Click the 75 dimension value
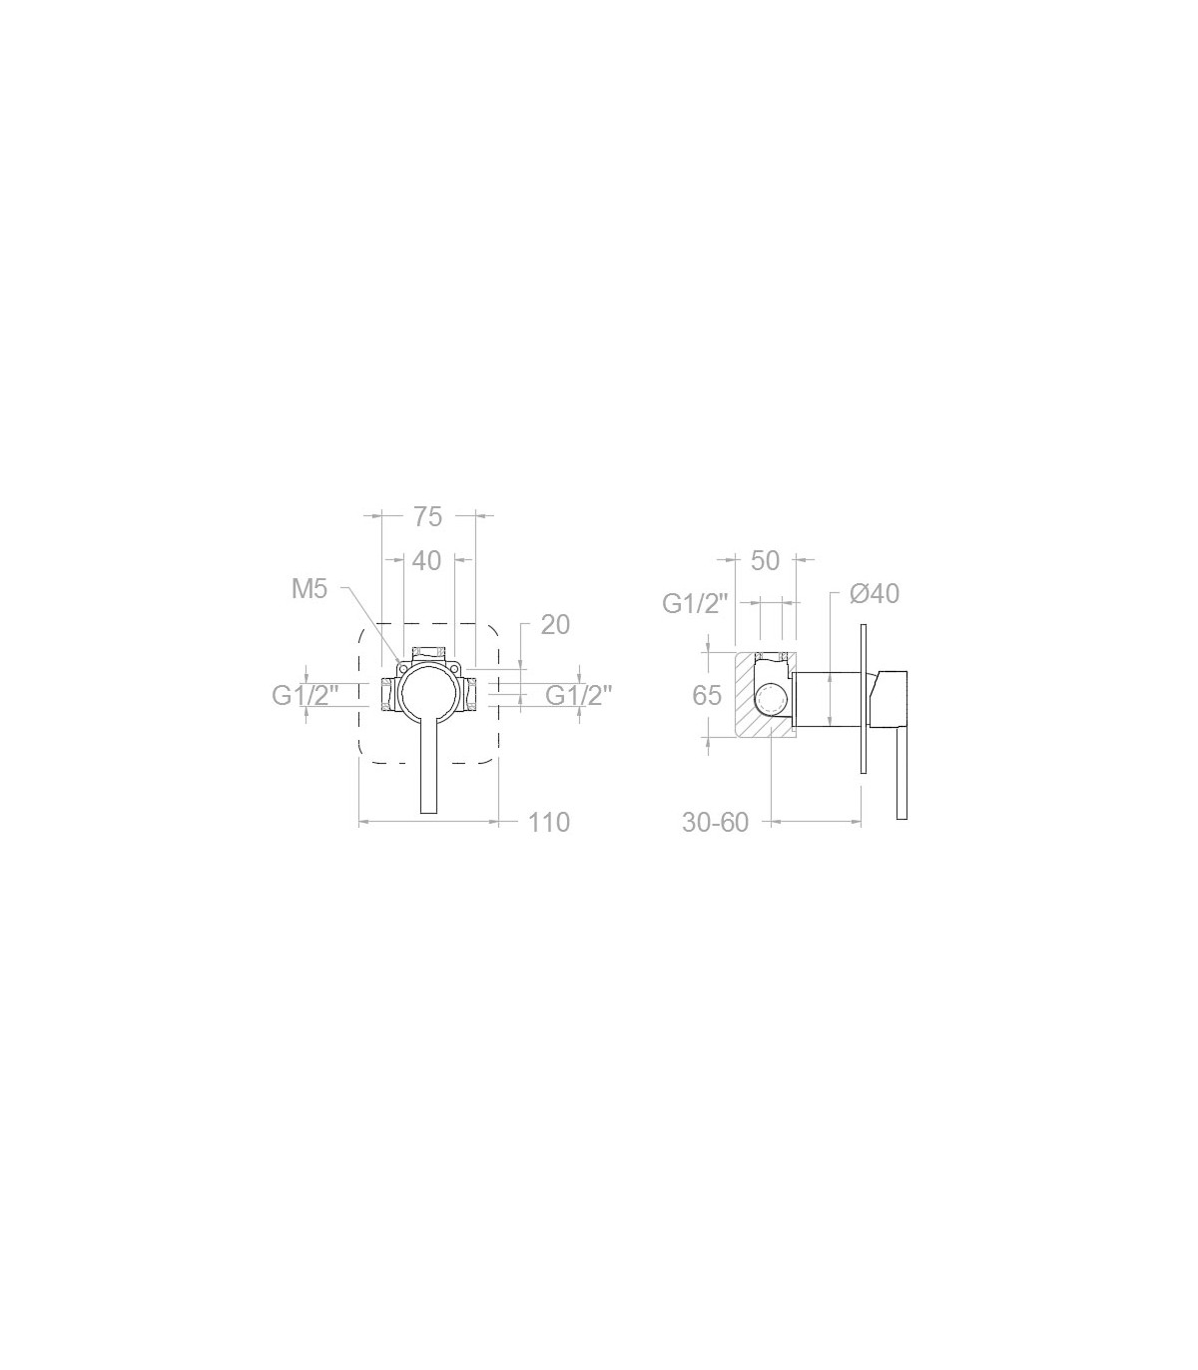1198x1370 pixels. (x=427, y=516)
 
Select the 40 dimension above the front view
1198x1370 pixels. (x=427, y=560)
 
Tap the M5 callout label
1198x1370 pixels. (x=309, y=588)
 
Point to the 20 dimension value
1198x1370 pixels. (x=555, y=625)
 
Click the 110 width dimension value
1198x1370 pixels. (x=549, y=822)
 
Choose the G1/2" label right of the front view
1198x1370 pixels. (x=579, y=696)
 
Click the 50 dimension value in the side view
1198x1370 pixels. (x=765, y=561)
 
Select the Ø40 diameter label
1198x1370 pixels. (x=876, y=593)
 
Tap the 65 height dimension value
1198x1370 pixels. (x=707, y=696)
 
